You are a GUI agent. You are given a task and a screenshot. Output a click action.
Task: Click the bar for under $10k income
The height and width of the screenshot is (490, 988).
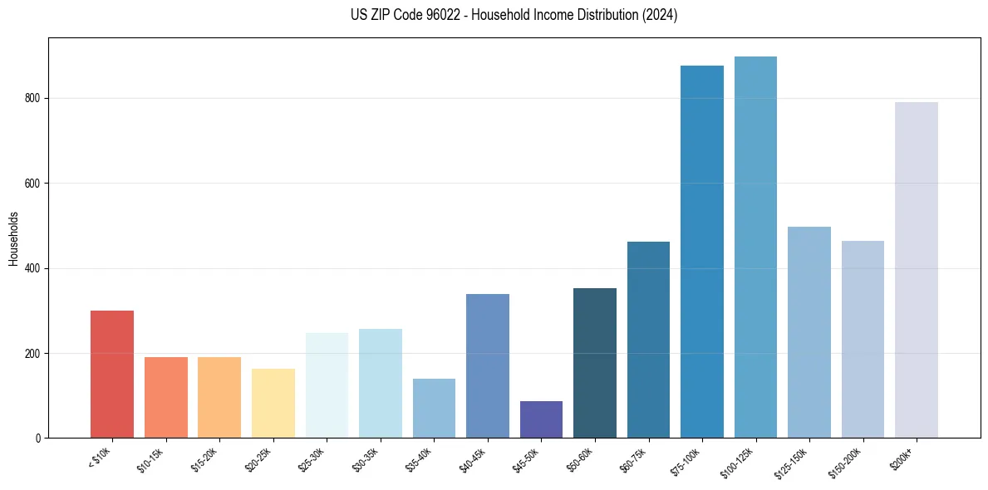click(112, 374)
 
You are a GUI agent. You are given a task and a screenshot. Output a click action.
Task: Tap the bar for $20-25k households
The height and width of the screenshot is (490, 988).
click(273, 403)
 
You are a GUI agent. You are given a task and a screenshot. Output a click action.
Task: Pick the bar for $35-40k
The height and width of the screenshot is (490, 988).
click(434, 408)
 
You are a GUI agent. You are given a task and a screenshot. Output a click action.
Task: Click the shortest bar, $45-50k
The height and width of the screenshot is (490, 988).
click(541, 419)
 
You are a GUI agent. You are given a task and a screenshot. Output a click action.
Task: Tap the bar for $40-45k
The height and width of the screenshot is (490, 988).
click(488, 365)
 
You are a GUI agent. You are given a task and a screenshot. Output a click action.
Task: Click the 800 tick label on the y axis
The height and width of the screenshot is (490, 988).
click(33, 98)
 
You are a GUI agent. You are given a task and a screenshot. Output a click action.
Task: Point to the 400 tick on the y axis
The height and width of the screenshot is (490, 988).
click(33, 268)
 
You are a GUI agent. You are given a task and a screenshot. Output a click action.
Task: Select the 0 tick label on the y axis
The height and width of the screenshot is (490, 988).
click(38, 438)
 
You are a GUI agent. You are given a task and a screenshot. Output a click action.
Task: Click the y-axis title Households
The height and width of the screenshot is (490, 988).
click(13, 238)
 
